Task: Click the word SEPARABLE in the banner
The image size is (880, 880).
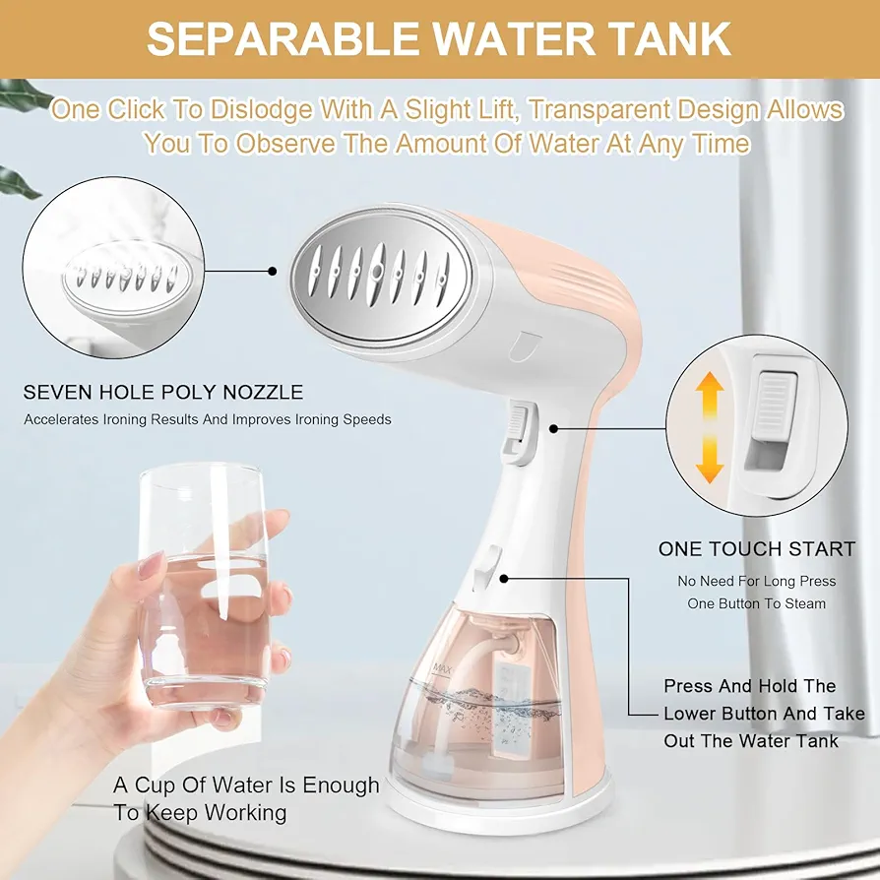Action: click(x=283, y=38)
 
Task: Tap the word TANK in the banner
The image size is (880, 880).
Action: click(x=663, y=38)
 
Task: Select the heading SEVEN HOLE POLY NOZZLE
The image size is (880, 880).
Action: click(x=162, y=392)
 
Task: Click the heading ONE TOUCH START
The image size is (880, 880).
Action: click(x=757, y=549)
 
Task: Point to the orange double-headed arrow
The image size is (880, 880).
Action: click(x=710, y=427)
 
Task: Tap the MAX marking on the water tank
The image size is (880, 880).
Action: click(x=442, y=668)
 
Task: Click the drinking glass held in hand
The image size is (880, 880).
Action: click(x=202, y=584)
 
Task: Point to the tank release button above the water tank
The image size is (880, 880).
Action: click(x=486, y=567)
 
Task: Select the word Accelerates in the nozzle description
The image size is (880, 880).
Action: click(x=61, y=419)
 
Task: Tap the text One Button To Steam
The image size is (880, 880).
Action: click(x=757, y=603)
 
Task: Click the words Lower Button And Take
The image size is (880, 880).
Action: click(x=765, y=714)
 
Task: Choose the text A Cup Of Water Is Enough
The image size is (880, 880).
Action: click(x=246, y=786)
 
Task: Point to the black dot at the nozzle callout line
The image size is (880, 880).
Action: click(x=273, y=272)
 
